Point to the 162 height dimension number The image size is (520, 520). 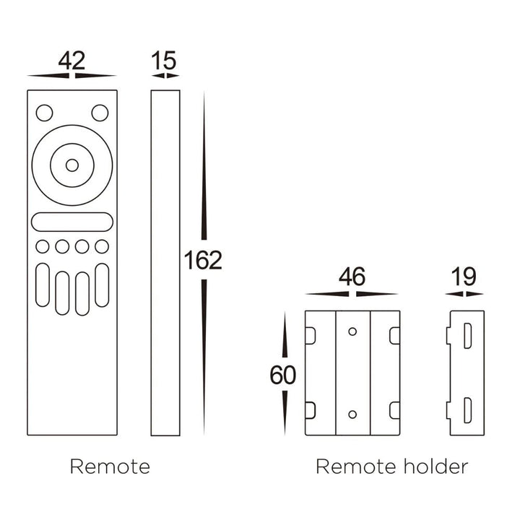point(203,261)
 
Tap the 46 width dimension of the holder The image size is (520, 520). point(352,277)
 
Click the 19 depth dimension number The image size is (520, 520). point(464,277)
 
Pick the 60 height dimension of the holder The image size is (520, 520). point(282,375)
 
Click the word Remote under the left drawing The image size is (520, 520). point(110,467)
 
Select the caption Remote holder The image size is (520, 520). point(391,467)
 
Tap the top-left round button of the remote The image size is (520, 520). point(45,113)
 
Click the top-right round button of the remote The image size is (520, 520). point(100,113)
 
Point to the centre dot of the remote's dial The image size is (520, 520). point(72,165)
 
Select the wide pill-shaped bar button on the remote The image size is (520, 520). point(72,222)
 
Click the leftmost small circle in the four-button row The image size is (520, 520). point(43,246)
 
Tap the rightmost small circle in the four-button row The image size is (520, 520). point(102,246)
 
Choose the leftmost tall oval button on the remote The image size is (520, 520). point(43,285)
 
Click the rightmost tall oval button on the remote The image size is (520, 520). point(102,285)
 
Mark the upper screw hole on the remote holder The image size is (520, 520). point(352,331)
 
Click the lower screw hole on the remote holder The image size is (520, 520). point(352,415)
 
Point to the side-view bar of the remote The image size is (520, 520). point(165,262)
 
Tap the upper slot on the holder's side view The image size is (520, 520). point(467,336)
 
